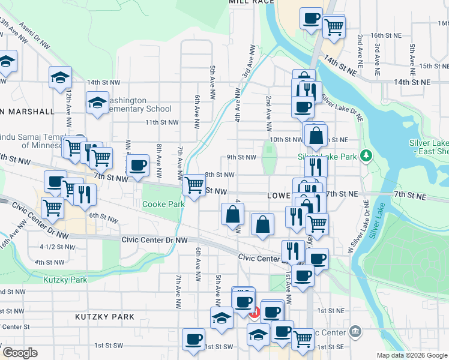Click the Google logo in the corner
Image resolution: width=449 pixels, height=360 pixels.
[x=20, y=353]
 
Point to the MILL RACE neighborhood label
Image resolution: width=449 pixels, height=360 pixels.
[x=252, y=2]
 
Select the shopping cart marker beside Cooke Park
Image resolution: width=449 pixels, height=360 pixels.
[x=194, y=185]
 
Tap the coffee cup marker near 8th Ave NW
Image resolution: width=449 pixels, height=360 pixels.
[x=137, y=165]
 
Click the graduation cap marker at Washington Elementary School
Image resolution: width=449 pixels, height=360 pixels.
[x=97, y=103]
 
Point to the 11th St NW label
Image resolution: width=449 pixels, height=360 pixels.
[x=162, y=122]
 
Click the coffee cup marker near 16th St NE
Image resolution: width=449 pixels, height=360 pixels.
[x=311, y=19]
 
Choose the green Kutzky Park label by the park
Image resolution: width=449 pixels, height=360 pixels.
[x=65, y=280]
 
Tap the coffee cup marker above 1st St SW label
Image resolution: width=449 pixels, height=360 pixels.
[x=193, y=340]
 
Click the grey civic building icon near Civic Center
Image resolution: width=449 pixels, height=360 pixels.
[x=355, y=332]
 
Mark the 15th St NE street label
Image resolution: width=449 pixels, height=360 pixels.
[x=434, y=66]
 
